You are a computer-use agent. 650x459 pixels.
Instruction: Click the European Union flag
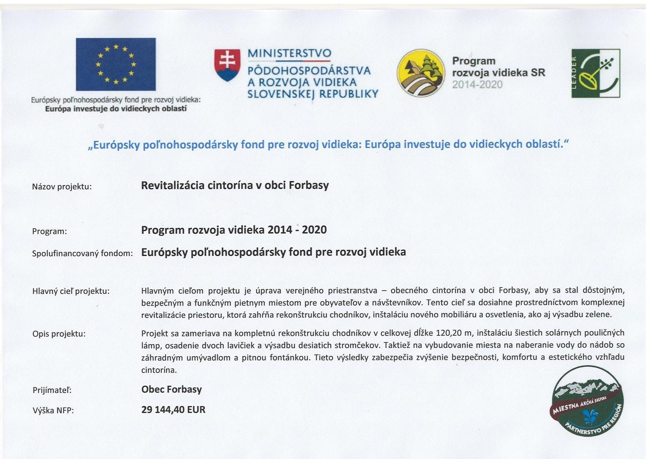point(116,64)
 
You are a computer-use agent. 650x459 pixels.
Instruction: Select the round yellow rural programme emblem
point(421,73)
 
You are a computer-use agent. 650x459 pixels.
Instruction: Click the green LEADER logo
point(596,73)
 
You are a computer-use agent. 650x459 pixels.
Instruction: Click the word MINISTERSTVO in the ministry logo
point(289,53)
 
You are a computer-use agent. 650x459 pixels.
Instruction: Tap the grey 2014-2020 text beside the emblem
point(477,85)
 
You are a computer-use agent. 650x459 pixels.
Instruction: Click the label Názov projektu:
point(62,187)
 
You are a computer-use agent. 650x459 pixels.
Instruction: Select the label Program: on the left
point(49,231)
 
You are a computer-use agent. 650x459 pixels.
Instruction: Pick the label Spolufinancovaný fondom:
point(82,253)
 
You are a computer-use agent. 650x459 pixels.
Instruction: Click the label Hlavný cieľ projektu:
point(71,291)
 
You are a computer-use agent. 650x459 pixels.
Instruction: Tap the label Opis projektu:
point(59,334)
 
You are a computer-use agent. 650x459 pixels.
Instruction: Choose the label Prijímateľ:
point(52,390)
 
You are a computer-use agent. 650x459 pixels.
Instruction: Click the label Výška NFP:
point(53,411)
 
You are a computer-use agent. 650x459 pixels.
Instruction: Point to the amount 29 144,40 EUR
point(173,410)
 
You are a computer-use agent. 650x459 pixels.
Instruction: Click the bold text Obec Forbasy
point(171,389)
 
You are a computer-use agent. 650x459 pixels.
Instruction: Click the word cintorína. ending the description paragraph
point(159,370)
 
